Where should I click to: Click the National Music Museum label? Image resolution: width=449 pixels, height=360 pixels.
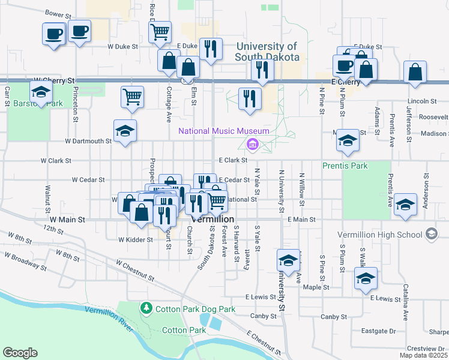tap(223, 131)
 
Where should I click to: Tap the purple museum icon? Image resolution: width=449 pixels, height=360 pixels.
tap(252, 144)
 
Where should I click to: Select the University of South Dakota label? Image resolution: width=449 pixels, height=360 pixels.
tap(267, 52)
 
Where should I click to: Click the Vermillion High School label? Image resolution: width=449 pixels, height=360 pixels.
tap(386, 233)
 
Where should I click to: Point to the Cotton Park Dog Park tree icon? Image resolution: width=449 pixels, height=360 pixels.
tap(146, 308)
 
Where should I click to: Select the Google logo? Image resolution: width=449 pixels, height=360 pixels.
tap(20, 353)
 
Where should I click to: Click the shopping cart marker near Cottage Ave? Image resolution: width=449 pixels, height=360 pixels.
tap(132, 97)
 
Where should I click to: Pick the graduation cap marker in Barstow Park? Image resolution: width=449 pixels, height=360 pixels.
tap(41, 92)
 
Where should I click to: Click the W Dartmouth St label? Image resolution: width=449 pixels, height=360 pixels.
tap(88, 142)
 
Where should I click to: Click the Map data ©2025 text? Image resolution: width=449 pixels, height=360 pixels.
tap(424, 355)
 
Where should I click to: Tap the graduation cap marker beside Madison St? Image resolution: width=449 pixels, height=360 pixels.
tap(348, 141)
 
